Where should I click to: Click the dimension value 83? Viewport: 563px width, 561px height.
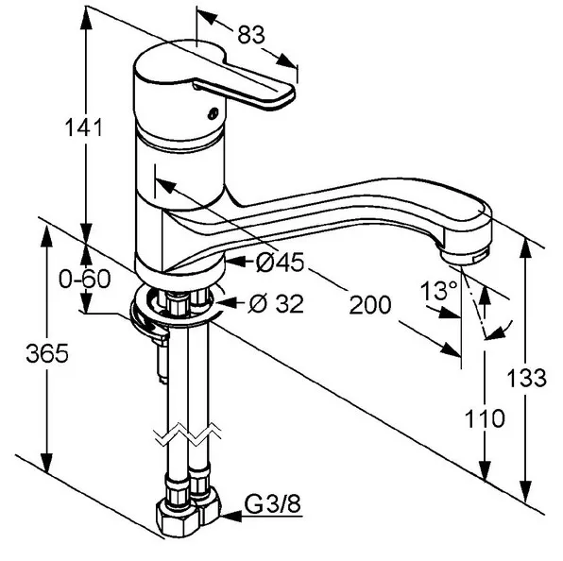(x=251, y=35)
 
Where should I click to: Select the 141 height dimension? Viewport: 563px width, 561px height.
(x=84, y=127)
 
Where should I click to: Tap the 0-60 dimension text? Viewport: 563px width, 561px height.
(x=85, y=279)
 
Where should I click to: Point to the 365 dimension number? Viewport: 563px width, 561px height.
(x=47, y=353)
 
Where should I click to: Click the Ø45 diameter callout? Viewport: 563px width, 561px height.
(x=280, y=263)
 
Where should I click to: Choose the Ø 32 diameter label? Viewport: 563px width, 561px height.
(x=277, y=304)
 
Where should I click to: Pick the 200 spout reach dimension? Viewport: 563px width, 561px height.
(x=370, y=305)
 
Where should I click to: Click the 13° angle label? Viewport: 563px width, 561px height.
(x=439, y=290)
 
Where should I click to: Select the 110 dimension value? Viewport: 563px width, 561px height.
(x=485, y=418)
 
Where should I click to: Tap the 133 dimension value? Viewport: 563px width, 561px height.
(x=527, y=378)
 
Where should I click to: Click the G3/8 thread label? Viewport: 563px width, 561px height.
(x=272, y=504)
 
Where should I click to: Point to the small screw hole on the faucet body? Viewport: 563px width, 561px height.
(x=213, y=113)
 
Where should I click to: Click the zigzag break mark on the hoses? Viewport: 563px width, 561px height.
(x=188, y=434)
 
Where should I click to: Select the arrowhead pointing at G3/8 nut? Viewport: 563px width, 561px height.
(x=230, y=517)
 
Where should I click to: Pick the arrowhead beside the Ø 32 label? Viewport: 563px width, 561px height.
(x=225, y=303)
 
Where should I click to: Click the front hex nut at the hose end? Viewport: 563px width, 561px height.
(x=177, y=518)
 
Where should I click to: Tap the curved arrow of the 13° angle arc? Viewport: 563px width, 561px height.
(x=500, y=331)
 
